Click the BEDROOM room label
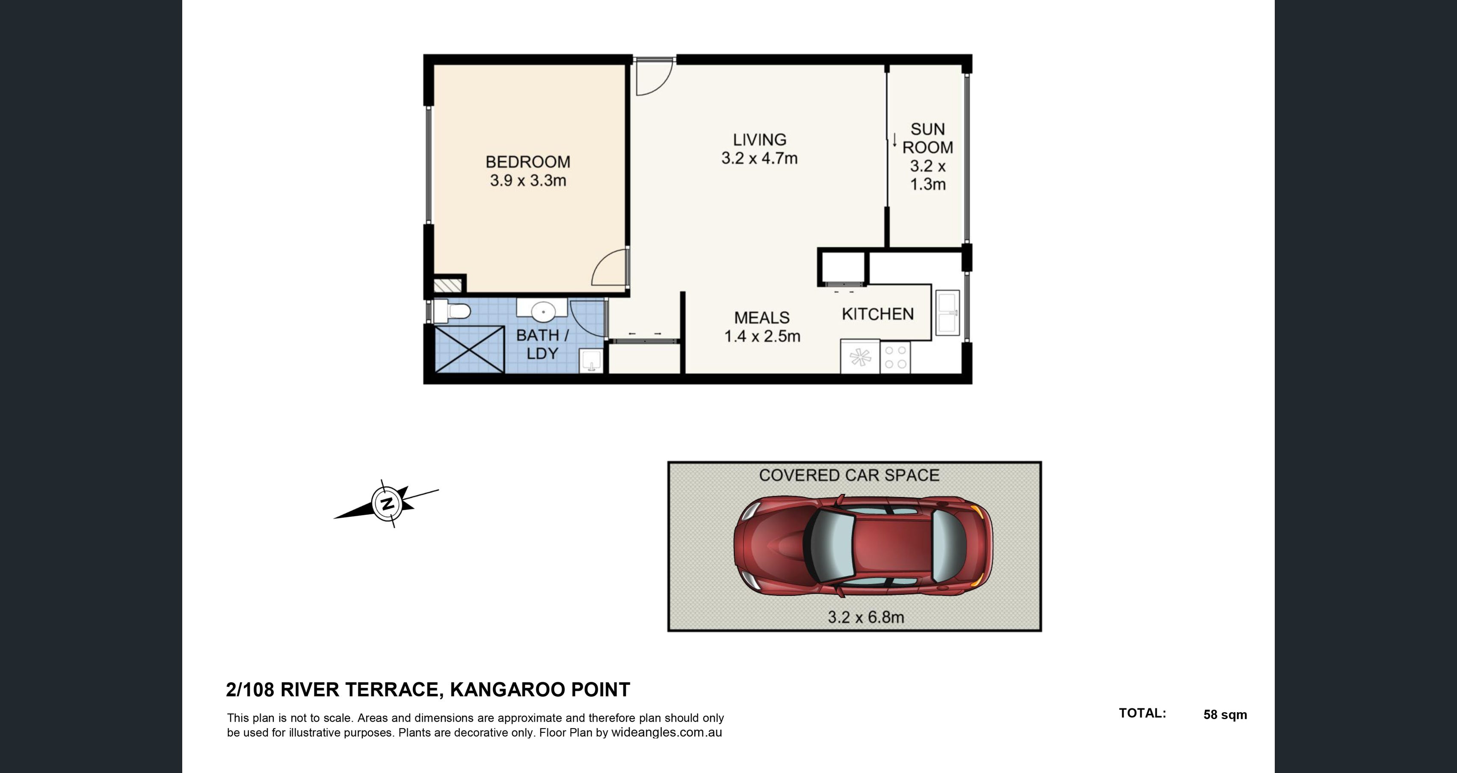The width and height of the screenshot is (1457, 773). pos(528,162)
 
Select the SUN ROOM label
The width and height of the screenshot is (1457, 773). pos(927,138)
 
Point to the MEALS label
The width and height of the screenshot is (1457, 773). pos(761,318)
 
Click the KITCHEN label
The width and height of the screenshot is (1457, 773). pos(877,314)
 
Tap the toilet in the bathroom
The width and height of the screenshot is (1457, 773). pos(452,311)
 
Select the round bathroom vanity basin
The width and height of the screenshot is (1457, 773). pos(542,311)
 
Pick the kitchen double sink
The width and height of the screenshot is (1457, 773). pos(948,313)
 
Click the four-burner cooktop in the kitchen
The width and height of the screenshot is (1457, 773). pos(895,357)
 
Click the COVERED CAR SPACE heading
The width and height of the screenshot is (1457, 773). pos(849,476)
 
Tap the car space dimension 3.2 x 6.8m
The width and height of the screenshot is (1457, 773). pos(865,617)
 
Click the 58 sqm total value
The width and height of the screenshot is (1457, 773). pos(1225,715)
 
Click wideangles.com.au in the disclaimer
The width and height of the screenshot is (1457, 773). pos(666,733)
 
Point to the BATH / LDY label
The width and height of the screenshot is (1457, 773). pos(542,344)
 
